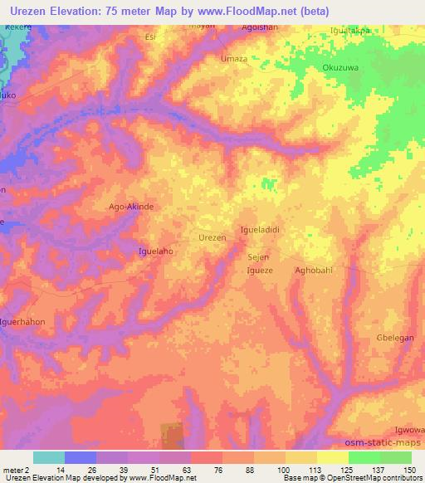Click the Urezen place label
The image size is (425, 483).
tap(212, 237)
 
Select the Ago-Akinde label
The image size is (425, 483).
tap(132, 207)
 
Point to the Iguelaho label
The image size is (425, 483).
tap(155, 250)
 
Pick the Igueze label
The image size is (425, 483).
tap(260, 271)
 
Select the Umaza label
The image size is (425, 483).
tap(233, 59)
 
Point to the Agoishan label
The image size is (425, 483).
tap(259, 26)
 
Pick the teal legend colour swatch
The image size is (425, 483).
tap(48, 457)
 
